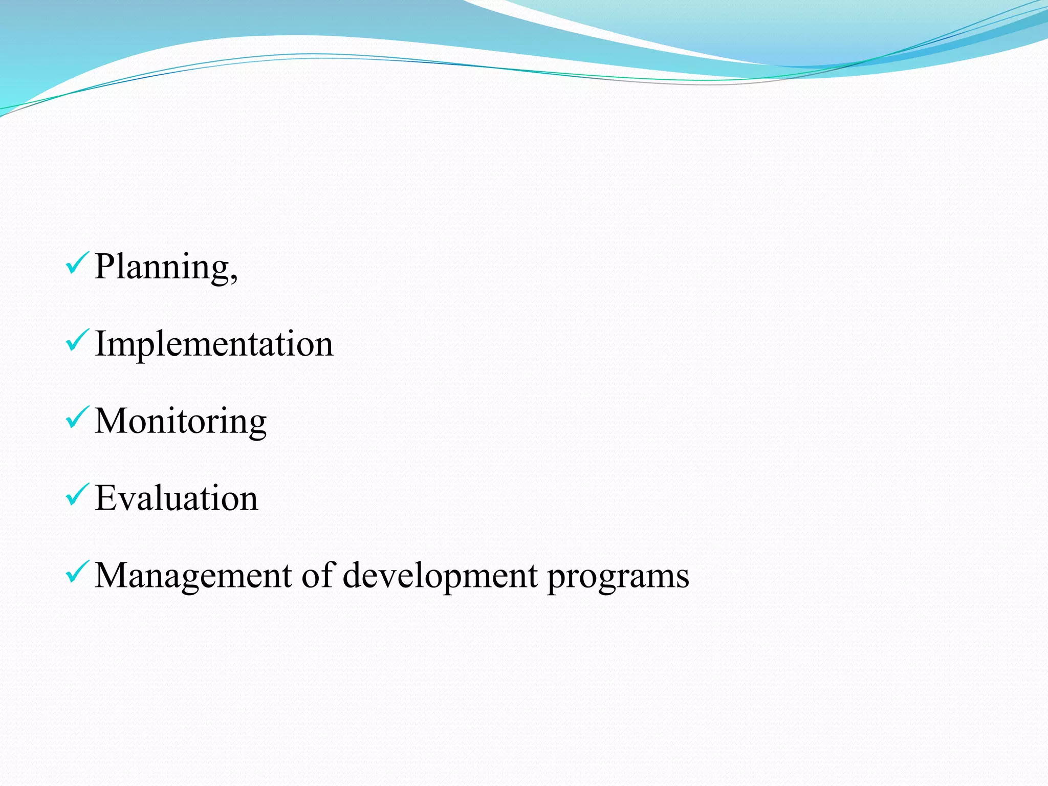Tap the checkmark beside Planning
(77, 263)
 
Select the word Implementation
(214, 343)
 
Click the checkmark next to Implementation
(77, 340)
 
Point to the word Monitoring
(181, 422)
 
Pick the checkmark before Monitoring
(77, 418)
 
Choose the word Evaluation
(177, 498)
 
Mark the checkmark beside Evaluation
(77, 495)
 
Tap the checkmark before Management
(77, 572)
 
